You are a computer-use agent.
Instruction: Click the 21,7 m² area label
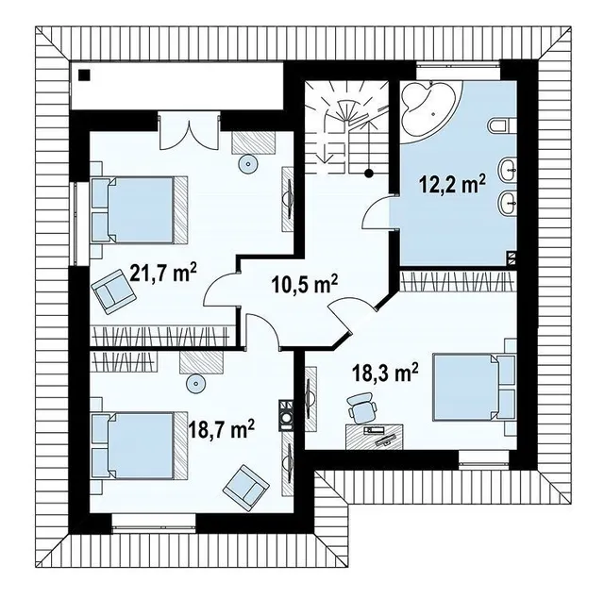click(x=163, y=273)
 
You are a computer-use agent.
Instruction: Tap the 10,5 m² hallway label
click(x=305, y=284)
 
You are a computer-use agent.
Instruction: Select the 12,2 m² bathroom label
click(x=452, y=184)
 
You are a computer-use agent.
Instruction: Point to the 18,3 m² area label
click(x=385, y=373)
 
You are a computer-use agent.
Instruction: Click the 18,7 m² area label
click(x=221, y=429)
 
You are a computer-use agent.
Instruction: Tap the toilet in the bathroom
click(x=502, y=126)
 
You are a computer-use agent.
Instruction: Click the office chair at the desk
click(x=361, y=408)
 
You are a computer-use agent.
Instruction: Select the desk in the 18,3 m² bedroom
click(x=375, y=437)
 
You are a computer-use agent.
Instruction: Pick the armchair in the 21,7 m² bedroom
click(x=113, y=291)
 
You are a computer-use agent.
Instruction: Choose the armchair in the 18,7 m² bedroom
click(x=245, y=485)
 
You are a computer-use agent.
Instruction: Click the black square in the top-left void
click(x=84, y=75)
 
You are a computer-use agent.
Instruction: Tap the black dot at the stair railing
click(x=369, y=173)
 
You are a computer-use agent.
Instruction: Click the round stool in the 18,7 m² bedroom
click(x=195, y=384)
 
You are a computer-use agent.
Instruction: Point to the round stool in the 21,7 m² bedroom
click(x=247, y=164)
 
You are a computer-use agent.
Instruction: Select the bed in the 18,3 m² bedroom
click(x=474, y=388)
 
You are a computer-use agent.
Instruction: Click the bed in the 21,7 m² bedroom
click(x=140, y=209)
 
